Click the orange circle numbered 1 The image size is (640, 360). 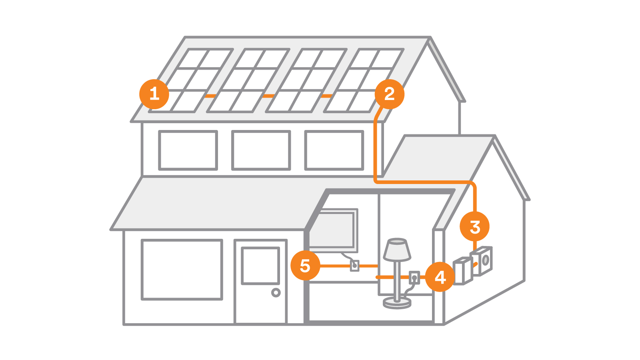coord(154,94)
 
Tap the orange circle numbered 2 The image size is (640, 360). coord(389,94)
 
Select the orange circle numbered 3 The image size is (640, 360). coord(474,226)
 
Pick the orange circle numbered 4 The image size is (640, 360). coord(440,277)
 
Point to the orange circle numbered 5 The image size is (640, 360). coord(305,265)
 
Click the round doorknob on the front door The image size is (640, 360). coord(276,292)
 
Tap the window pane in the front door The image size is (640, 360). coord(260,266)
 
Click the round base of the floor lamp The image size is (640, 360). coord(397,303)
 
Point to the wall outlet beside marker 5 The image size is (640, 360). coord(354,266)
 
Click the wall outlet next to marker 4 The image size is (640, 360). coord(414,277)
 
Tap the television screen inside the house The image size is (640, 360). coord(332,230)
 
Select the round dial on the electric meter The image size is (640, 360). coord(486,260)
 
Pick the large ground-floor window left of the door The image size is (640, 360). coord(182,269)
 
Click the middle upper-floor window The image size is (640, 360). coord(261,150)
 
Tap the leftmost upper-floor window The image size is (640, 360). coord(188,150)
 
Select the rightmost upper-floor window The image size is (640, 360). coord(334,150)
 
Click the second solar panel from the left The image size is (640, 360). coord(248,80)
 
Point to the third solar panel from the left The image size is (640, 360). coord(306,80)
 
